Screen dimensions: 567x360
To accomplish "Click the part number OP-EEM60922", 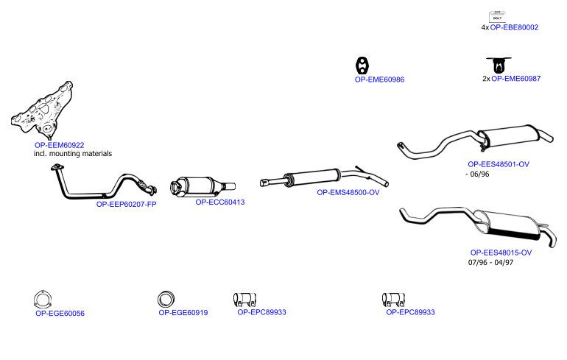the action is tap(60, 145).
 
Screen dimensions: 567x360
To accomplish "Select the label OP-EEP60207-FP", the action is tap(126, 204).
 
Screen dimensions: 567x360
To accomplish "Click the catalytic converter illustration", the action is tap(202, 186).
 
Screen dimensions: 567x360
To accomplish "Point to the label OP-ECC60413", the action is tap(220, 202).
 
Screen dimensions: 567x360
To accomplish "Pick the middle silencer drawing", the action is tap(324, 177).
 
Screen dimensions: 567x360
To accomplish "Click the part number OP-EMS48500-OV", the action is tap(348, 192).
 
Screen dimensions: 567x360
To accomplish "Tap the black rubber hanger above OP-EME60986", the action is tap(362, 66).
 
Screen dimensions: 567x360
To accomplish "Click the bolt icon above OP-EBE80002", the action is tap(497, 17).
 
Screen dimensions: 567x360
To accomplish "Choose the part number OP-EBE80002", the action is tap(514, 27).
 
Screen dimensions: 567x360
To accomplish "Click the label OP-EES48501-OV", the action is tap(499, 164).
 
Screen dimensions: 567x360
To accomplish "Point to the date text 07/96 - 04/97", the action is tap(490, 262).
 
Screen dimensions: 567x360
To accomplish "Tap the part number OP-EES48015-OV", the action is tap(501, 253).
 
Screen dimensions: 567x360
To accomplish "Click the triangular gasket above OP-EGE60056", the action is tap(43, 300).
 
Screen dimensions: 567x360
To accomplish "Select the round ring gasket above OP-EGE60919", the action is tap(166, 300).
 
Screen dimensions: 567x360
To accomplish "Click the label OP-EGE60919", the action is tap(183, 313).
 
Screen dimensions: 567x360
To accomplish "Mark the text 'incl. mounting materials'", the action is tap(73, 154).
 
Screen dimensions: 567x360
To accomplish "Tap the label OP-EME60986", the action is tap(380, 80).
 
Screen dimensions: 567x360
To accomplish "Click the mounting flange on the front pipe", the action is tap(57, 167).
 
